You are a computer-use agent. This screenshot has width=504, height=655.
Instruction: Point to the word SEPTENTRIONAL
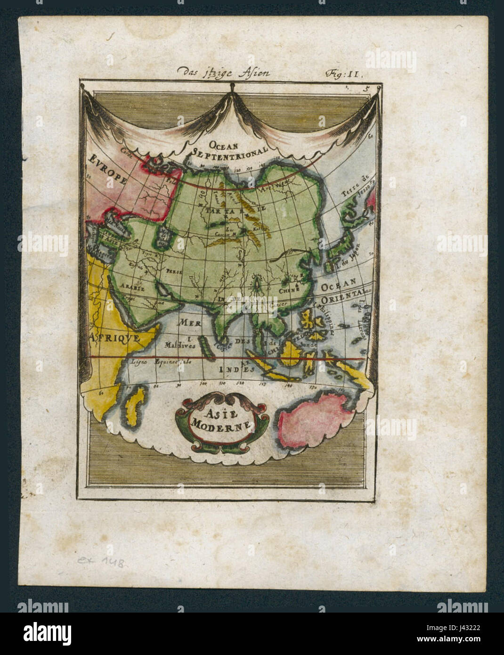(x=230, y=150)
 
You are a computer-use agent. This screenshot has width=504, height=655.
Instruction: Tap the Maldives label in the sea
(x=179, y=345)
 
